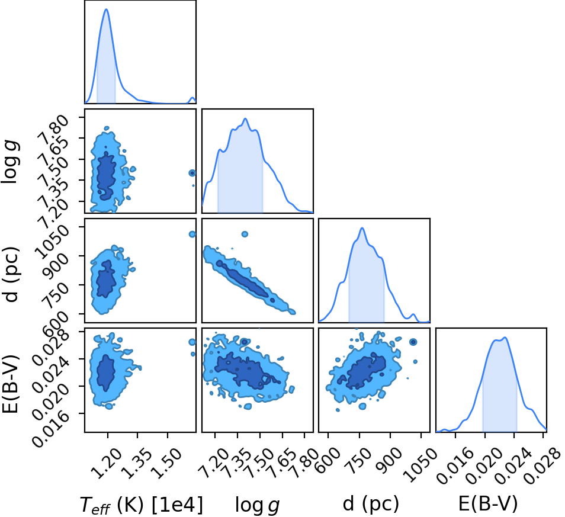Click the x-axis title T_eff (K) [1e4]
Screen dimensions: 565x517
pos(141,505)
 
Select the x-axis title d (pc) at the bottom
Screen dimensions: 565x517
pos(371,503)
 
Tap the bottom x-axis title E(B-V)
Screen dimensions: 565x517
pos(488,503)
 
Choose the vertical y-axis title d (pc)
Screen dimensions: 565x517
pos(11,274)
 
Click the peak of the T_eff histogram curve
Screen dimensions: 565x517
pos(106,9)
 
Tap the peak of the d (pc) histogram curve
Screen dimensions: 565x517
pos(362,228)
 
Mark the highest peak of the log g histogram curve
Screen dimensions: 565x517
pos(245,118)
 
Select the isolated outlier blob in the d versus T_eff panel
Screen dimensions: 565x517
pos(192,234)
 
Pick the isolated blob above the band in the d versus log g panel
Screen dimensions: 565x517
pos(245,234)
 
